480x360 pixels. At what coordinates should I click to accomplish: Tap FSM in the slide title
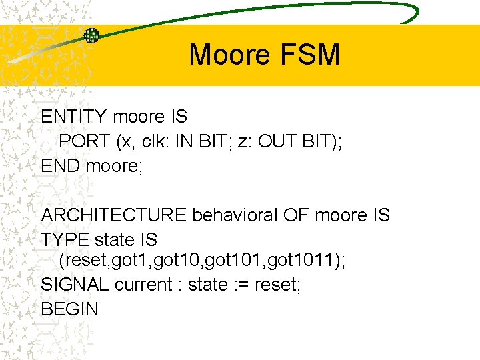point(315,54)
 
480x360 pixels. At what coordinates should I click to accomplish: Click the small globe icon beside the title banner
point(91,35)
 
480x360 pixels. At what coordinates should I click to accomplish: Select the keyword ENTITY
point(74,117)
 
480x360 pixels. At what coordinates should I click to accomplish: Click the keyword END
point(61,165)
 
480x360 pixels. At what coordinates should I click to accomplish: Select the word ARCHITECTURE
point(114,215)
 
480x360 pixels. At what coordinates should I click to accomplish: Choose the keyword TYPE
point(65,239)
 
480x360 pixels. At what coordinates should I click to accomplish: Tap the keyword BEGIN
point(69,309)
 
